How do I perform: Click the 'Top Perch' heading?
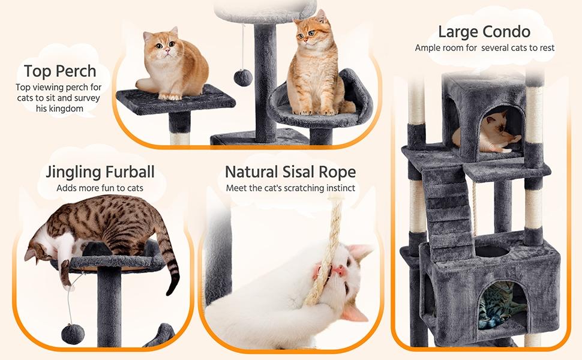pos(60,71)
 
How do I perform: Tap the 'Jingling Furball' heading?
pos(100,172)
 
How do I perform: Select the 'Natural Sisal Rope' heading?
pos(290,172)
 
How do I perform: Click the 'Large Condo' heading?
pos(484,32)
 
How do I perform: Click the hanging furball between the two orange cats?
pos(242,77)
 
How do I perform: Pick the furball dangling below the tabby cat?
pos(73,334)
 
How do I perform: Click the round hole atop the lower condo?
pos(491,251)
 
